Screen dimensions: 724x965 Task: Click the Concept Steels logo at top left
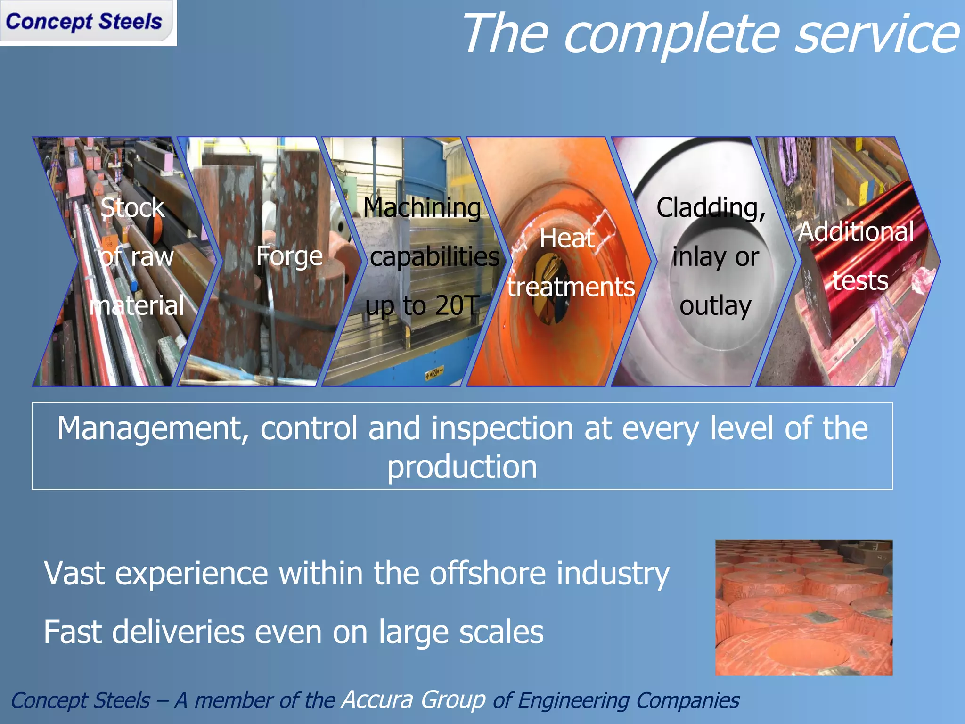[x=85, y=22]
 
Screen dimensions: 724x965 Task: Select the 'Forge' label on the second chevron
[x=289, y=256]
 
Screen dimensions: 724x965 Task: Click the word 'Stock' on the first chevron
[x=132, y=207]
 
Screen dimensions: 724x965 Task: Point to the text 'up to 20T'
[x=422, y=305]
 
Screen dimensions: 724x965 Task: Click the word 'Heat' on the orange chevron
[x=567, y=238]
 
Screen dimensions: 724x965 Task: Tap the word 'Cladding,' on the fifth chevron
[x=711, y=207]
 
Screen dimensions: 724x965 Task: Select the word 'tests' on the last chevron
[x=860, y=280]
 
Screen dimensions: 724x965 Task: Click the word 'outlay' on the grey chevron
[x=715, y=305]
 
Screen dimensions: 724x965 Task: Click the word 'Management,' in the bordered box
[x=153, y=428]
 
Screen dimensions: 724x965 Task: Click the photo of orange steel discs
[x=803, y=608]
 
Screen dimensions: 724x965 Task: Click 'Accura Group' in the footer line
[x=414, y=699]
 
